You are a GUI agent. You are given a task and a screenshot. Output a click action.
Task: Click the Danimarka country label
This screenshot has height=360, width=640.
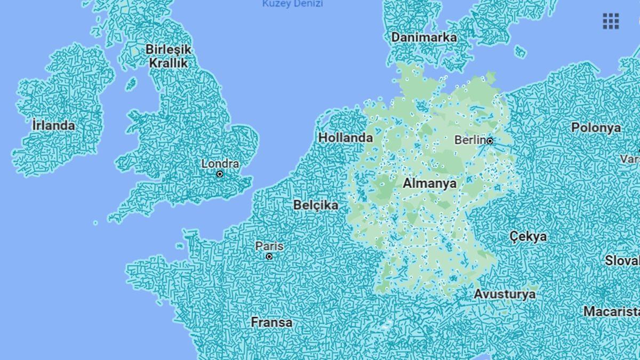coord(424,37)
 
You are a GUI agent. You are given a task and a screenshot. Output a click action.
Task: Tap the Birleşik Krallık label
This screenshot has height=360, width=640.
coord(168,56)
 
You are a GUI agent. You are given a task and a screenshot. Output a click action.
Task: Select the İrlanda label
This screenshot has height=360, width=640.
coord(53,126)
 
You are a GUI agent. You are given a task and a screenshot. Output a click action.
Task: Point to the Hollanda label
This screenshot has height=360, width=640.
coord(346,138)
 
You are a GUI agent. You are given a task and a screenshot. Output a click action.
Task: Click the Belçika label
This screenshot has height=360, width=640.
coord(316,205)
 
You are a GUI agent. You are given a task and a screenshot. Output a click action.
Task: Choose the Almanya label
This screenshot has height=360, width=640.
coord(429,183)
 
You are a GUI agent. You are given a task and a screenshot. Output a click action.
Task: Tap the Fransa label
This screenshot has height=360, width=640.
coord(271,322)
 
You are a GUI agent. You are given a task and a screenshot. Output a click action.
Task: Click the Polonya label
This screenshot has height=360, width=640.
coord(596,128)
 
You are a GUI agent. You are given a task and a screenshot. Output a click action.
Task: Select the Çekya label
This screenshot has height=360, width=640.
coord(528,236)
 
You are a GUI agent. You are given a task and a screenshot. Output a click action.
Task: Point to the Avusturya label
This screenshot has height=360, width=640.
coord(505,294)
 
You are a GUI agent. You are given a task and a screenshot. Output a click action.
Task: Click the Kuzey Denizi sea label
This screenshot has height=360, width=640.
coord(293,4)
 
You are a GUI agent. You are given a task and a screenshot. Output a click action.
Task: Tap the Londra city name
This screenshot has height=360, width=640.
coord(220,164)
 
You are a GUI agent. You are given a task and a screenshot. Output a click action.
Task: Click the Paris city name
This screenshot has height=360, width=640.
coord(269,246)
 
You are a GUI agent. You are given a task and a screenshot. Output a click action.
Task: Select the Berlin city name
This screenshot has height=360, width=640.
coord(469,140)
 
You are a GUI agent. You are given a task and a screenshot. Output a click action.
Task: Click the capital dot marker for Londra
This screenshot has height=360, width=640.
coord(220,174)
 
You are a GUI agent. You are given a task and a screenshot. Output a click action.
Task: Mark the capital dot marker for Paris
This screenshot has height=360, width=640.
coord(269,257)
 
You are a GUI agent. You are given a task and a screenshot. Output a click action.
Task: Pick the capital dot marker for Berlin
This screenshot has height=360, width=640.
coord(490,141)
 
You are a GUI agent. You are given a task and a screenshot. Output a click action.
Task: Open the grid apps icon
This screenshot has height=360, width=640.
coord(611,21)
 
